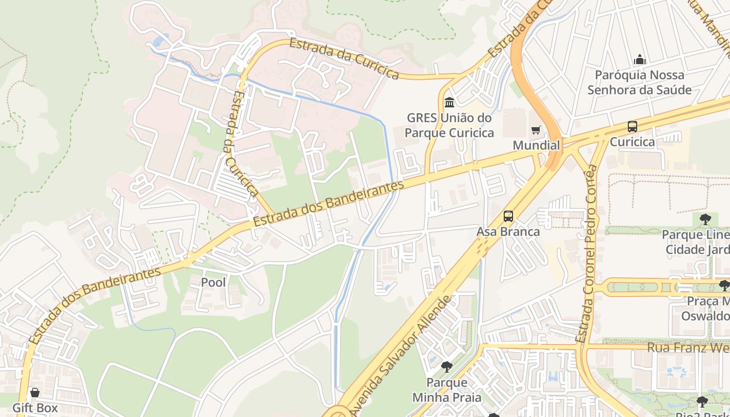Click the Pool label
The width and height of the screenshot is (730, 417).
pos(214,283)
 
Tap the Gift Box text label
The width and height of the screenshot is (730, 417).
pos(35,408)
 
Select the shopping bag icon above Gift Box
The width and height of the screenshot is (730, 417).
pos(35,393)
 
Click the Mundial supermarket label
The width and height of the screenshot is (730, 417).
pos(536,145)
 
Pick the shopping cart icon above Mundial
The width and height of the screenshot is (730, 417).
pos(536,130)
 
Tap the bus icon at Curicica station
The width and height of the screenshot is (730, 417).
pos(632,127)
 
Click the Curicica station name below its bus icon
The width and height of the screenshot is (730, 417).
pos(632,142)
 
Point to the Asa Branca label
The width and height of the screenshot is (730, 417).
pos(508,231)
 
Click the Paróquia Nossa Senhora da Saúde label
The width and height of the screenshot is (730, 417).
pos(639,82)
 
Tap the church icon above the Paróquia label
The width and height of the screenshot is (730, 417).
pos(639,60)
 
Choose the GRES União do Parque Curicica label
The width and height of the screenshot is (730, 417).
pos(449,125)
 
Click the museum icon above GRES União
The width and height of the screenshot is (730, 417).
pos(449,102)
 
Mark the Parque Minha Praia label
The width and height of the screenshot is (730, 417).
pos(447,390)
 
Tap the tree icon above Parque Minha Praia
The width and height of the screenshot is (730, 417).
pos(446,367)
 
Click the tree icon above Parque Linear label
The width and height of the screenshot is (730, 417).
pos(705,219)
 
